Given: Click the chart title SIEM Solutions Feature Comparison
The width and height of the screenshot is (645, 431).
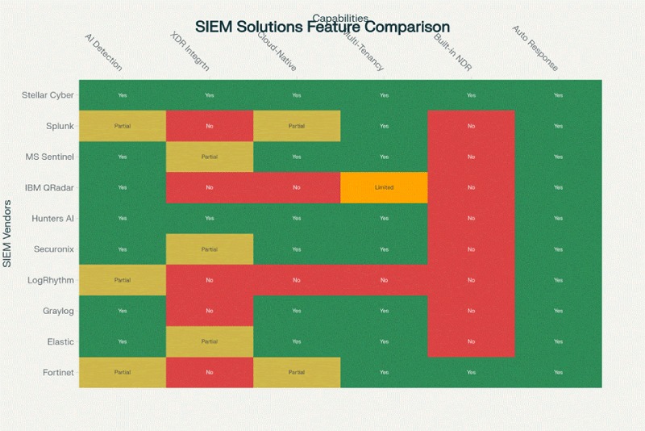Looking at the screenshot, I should coord(322,27).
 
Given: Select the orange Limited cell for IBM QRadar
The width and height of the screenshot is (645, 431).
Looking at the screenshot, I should coord(384,187).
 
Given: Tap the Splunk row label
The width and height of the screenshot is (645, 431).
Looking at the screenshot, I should coord(60,126).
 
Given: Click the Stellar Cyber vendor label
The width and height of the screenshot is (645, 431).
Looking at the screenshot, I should coord(48,95).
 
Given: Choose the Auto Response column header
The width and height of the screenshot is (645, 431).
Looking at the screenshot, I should coord(535,48).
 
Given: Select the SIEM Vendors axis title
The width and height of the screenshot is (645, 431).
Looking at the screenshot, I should coord(8,234).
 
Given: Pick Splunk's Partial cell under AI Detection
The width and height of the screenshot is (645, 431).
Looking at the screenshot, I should coord(123,126).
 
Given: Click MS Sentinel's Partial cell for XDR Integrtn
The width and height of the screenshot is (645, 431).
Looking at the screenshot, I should coord(210,157).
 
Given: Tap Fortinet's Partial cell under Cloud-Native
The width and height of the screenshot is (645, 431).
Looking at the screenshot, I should coord(297,372).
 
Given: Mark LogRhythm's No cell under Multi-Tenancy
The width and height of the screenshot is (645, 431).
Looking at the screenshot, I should coord(384,280).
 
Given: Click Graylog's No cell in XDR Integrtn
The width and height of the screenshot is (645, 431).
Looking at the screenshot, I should coord(210,311).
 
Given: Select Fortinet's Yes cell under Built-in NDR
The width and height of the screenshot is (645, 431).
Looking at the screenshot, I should coord(471,372).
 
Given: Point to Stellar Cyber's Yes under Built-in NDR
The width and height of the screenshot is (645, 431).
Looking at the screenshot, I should coord(471,95).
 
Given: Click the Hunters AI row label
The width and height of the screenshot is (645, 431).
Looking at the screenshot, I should coord(52,219).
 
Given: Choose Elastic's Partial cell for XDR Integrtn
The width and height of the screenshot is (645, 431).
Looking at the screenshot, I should coord(210,341).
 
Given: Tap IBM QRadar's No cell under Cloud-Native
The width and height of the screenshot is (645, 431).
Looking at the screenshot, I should coord(297,187).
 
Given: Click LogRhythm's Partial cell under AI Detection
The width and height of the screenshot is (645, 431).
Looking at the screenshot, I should coord(123,280).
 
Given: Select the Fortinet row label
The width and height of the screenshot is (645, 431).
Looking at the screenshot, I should coord(58,372).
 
